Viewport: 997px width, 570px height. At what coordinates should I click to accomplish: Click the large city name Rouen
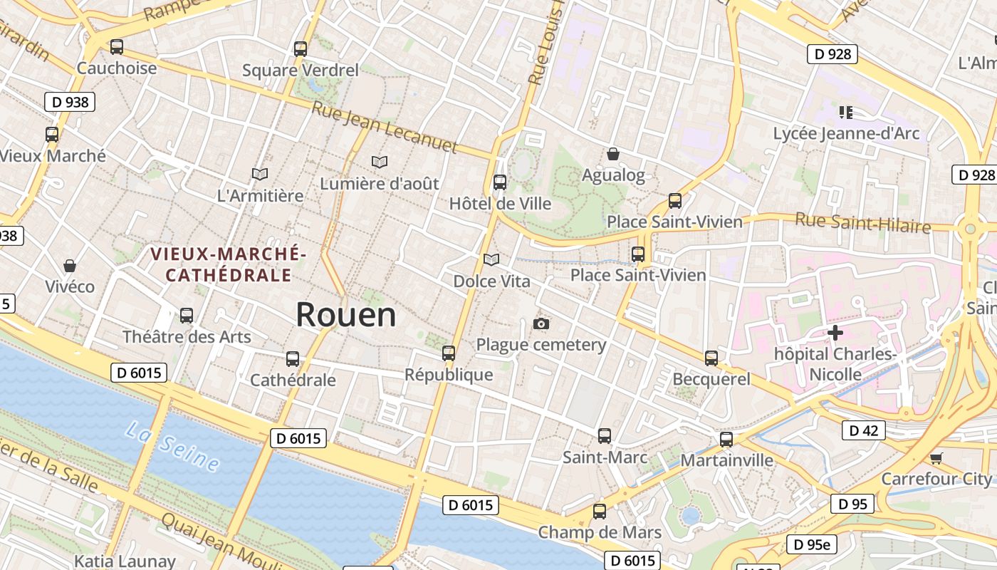click(x=345, y=314)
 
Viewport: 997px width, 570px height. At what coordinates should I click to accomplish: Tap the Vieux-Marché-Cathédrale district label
click(x=229, y=264)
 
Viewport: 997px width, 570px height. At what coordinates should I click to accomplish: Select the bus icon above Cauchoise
click(x=117, y=47)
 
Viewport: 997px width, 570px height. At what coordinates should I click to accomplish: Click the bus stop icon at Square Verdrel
click(x=301, y=48)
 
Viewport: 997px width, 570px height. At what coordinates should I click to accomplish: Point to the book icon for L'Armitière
click(x=260, y=174)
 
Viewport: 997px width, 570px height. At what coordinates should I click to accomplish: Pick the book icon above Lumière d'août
click(x=380, y=162)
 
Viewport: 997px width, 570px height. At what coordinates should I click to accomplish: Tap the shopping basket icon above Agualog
click(x=612, y=154)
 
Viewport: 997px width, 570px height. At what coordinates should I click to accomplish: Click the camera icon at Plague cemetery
click(x=541, y=324)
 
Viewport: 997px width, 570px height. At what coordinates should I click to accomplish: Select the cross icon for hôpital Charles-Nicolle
click(x=835, y=332)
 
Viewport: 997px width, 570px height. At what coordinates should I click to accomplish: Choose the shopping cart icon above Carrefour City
click(x=936, y=458)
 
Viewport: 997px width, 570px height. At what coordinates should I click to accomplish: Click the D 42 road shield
click(x=865, y=430)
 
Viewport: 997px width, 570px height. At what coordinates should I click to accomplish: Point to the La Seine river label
click(x=172, y=446)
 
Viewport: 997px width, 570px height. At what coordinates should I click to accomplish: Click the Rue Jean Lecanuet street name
click(x=384, y=125)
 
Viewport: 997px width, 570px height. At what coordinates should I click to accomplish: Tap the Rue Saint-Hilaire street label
click(x=863, y=223)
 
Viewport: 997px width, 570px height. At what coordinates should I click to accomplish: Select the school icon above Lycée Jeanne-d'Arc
click(x=846, y=112)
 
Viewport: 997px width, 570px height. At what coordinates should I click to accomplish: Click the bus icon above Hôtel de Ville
click(x=500, y=182)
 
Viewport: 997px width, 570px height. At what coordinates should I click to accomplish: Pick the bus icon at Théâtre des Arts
click(x=187, y=315)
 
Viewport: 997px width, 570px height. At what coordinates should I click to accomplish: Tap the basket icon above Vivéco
click(x=70, y=266)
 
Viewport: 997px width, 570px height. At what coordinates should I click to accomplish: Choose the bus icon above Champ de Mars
click(x=600, y=511)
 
